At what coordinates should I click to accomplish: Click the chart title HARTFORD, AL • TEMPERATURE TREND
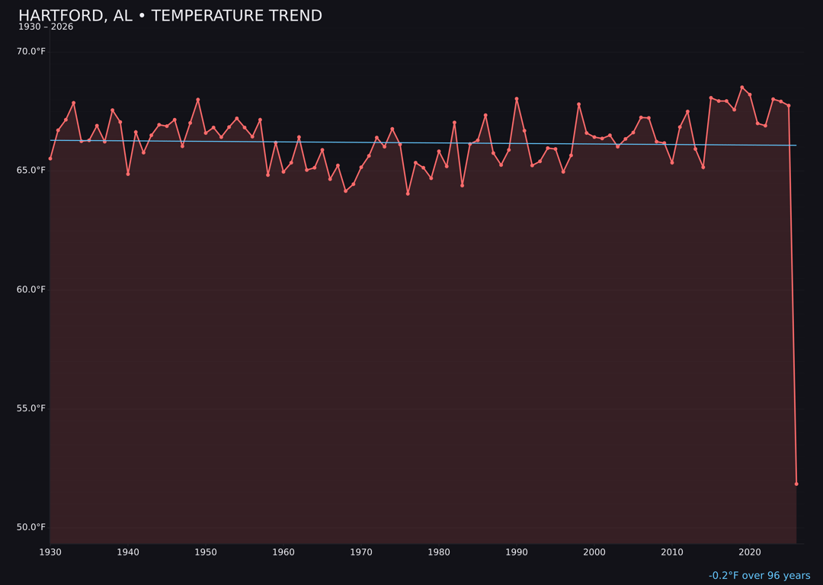[170, 16]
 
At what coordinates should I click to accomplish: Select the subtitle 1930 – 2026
[46, 27]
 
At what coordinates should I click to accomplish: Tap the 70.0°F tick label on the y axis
[32, 51]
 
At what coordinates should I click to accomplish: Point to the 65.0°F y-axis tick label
[32, 170]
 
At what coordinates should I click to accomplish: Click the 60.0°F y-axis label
[32, 289]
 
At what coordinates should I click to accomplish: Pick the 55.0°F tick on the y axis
[32, 408]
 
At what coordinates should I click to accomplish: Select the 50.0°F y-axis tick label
[32, 527]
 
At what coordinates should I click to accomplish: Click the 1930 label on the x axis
[50, 552]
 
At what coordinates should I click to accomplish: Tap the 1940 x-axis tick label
[128, 552]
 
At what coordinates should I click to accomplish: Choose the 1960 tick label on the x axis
[283, 552]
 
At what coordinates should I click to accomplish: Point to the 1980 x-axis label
[439, 552]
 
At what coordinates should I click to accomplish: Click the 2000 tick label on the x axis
[594, 552]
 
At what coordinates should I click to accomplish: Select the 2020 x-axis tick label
[750, 552]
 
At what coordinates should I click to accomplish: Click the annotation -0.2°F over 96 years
[759, 576]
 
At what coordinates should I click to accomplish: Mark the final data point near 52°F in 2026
[796, 484]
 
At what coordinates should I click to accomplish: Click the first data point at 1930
[50, 158]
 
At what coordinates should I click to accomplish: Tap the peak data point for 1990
[517, 99]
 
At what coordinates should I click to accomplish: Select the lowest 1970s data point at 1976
[408, 193]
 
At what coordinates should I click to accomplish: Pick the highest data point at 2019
[742, 88]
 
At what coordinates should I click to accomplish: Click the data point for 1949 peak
[198, 100]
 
